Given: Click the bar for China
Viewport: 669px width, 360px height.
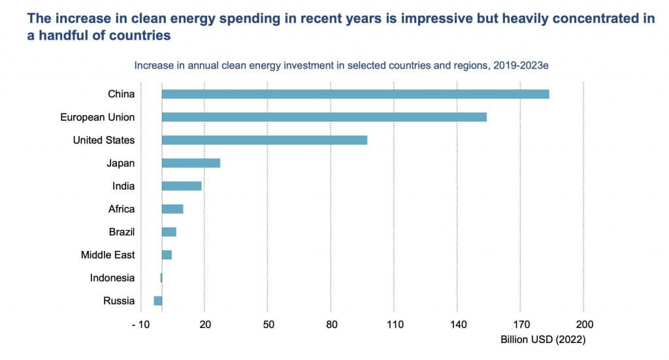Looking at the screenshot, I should (x=355, y=94).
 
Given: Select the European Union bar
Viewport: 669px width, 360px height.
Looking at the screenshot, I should (x=324, y=117).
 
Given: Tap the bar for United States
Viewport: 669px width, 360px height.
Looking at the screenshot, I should (x=265, y=140).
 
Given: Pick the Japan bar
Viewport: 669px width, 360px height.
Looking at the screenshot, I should (x=191, y=163).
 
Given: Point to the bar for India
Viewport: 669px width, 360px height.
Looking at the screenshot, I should (x=182, y=186).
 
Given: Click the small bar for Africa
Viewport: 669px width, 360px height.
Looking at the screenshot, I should (x=172, y=209).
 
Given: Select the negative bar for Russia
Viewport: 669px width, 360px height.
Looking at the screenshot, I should (x=158, y=301).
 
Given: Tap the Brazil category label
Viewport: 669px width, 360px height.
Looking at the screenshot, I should (x=122, y=232).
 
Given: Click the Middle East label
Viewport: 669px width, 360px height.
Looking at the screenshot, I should (x=108, y=255).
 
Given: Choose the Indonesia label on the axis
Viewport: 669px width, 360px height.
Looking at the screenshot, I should (x=112, y=278).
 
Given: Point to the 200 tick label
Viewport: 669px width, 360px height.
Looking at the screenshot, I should (x=584, y=325).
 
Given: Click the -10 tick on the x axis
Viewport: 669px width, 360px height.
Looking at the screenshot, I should (x=140, y=325).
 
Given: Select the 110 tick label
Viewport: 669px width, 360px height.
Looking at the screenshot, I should (x=394, y=325).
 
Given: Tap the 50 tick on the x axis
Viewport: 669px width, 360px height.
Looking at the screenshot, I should (x=268, y=325).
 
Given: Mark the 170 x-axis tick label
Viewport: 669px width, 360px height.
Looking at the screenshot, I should (x=521, y=325).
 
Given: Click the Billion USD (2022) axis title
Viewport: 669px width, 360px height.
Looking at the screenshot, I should (x=543, y=340).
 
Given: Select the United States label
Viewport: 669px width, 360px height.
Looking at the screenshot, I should (x=104, y=140).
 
